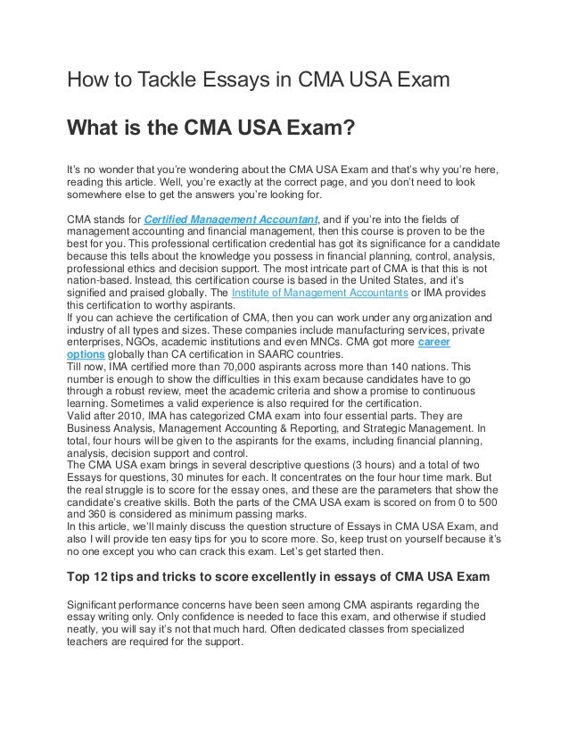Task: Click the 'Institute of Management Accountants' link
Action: coord(317,292)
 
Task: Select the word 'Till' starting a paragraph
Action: coord(76,367)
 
